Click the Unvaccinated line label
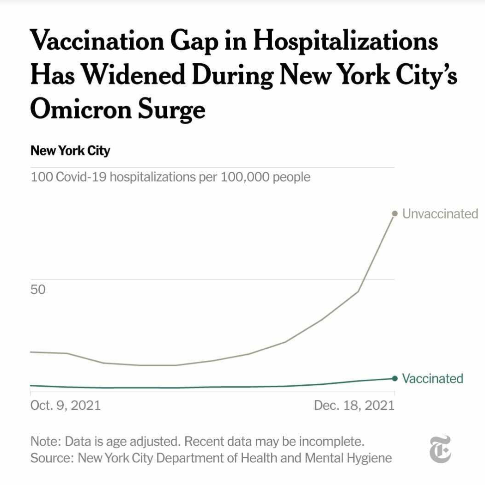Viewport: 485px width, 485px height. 440,214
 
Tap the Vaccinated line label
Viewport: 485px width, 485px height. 432,379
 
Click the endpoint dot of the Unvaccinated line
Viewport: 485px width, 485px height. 394,213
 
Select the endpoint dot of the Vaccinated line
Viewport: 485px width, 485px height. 394,378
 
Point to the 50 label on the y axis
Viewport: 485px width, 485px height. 38,290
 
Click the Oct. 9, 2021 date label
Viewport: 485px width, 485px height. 65,406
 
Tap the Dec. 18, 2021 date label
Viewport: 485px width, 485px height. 354,406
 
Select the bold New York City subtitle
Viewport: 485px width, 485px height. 70,151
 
